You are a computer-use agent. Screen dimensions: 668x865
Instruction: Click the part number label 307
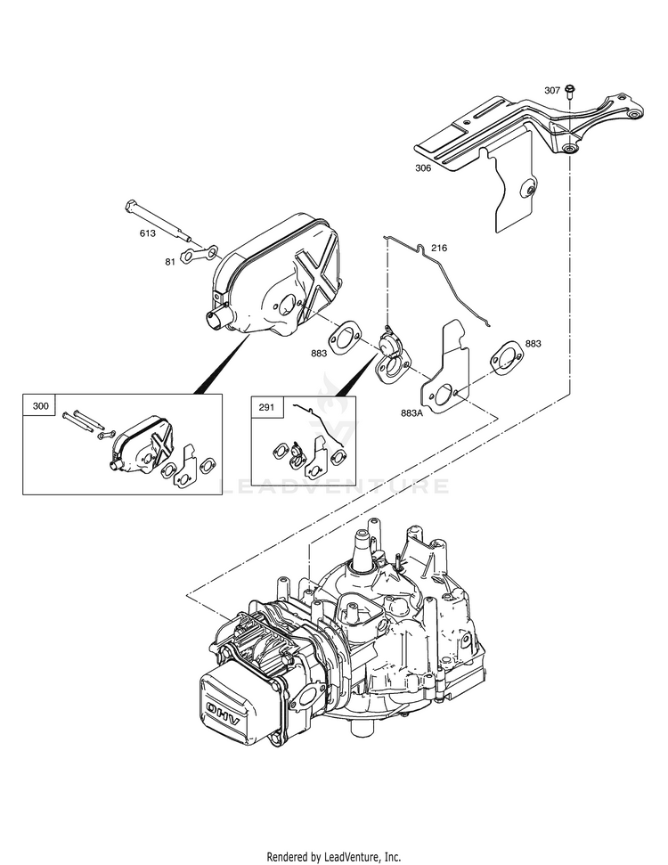point(552,91)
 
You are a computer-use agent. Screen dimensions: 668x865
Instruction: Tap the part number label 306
point(423,168)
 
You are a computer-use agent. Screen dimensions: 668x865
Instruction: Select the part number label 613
point(147,233)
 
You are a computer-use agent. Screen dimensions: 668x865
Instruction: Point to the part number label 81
point(170,262)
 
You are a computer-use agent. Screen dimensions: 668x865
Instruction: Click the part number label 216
point(439,248)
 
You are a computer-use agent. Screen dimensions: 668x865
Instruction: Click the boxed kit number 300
point(40,406)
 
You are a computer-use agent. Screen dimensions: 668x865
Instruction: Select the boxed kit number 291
point(266,408)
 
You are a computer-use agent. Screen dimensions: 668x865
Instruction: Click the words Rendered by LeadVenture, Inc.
point(334,857)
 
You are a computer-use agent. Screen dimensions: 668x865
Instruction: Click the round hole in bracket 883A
point(442,395)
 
